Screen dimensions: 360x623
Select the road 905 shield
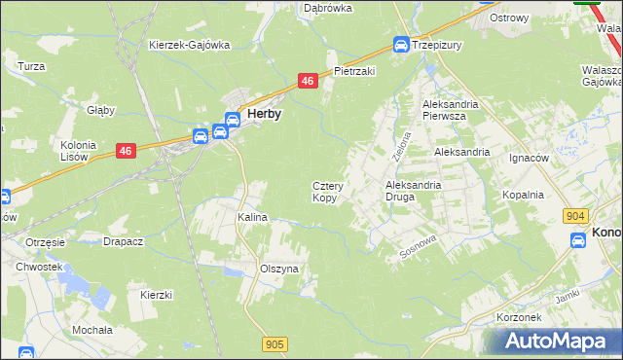tap(275, 343)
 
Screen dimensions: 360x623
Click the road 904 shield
tap(575, 217)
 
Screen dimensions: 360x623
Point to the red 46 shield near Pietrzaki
tap(308, 82)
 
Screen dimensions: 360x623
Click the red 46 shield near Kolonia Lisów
tap(125, 150)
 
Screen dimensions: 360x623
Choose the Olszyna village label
tap(278, 269)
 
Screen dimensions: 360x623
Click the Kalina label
tap(253, 217)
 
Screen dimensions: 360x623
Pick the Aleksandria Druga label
tap(414, 190)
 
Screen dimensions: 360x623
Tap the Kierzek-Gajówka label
tap(189, 45)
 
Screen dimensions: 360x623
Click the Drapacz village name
tap(125, 241)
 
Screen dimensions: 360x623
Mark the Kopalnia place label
tap(523, 195)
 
